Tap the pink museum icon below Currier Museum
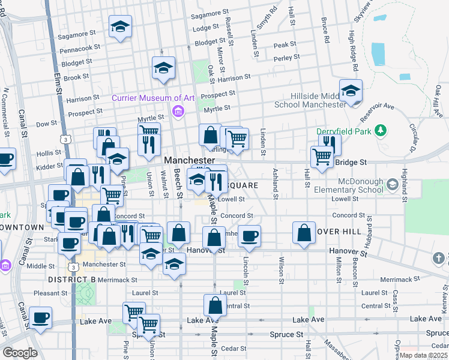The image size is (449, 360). tap(178, 111)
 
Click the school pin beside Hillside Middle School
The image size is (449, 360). tap(351, 91)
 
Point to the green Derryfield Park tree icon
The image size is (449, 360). tap(379, 130)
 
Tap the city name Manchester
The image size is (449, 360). tap(189, 160)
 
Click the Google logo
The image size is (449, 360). tap(20, 352)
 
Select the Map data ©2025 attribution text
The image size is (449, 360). tap(423, 355)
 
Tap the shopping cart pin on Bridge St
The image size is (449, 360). tap(322, 157)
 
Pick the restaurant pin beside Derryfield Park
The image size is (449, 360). tap(330, 143)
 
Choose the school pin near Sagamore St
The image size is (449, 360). tap(120, 27)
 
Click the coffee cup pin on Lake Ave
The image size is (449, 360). tap(41, 317)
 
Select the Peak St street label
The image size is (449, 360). tap(285, 45)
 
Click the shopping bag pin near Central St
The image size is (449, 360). tap(215, 306)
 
